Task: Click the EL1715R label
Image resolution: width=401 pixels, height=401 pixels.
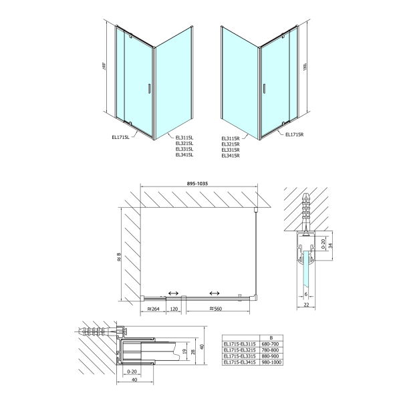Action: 294,134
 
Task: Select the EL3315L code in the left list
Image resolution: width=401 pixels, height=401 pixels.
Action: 184,148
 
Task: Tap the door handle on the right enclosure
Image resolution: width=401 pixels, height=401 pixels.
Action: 264,88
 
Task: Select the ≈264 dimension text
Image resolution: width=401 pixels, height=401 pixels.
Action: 154,309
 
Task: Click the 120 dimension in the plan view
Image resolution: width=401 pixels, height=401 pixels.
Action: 173,309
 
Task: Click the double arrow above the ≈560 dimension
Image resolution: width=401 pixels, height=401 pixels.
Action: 215,293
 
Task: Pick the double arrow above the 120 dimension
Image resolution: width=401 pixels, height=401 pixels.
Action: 172,293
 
